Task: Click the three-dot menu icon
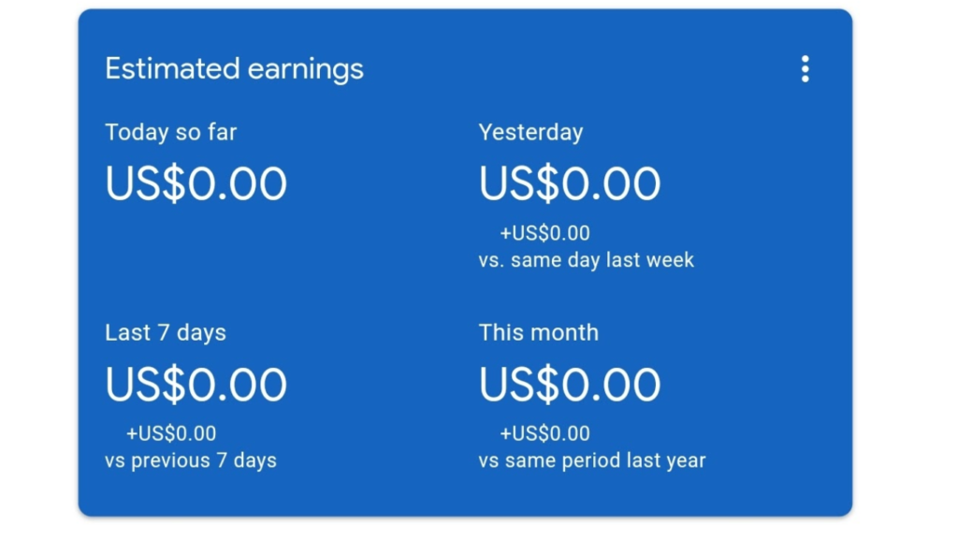click(806, 69)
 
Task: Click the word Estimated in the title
click(172, 68)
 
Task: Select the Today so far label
click(171, 132)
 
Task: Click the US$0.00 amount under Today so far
click(196, 183)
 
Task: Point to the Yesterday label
click(531, 133)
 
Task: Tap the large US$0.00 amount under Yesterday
click(570, 183)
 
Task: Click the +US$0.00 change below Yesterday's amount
click(545, 233)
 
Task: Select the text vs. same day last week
click(587, 260)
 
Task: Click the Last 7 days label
click(166, 333)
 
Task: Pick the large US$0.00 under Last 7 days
click(196, 384)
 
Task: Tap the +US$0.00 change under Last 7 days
click(171, 433)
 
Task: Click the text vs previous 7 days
click(191, 460)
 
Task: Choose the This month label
click(539, 333)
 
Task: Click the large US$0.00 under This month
click(570, 384)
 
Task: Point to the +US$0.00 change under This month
click(545, 433)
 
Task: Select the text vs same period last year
click(592, 460)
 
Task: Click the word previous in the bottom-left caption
click(170, 461)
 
